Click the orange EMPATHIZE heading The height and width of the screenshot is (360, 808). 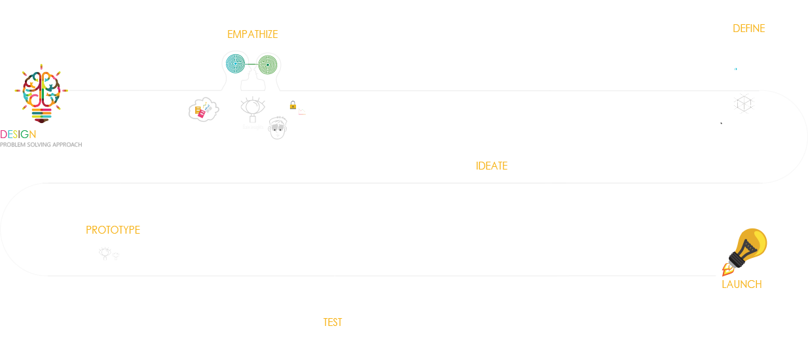point(252,34)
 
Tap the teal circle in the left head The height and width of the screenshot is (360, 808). point(235,64)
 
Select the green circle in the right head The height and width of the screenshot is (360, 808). point(266,65)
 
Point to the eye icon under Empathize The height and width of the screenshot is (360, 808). point(252,105)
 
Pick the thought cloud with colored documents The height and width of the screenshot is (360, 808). point(201,109)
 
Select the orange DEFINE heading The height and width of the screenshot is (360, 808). point(749,29)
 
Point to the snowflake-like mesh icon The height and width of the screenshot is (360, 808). point(743,103)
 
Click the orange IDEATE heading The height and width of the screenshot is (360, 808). point(492,166)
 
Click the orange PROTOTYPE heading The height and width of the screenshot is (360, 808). point(113,230)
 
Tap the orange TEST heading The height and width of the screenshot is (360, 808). point(333,323)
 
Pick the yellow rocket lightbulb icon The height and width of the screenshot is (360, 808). point(746,251)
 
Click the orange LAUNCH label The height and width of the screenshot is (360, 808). point(742,284)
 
